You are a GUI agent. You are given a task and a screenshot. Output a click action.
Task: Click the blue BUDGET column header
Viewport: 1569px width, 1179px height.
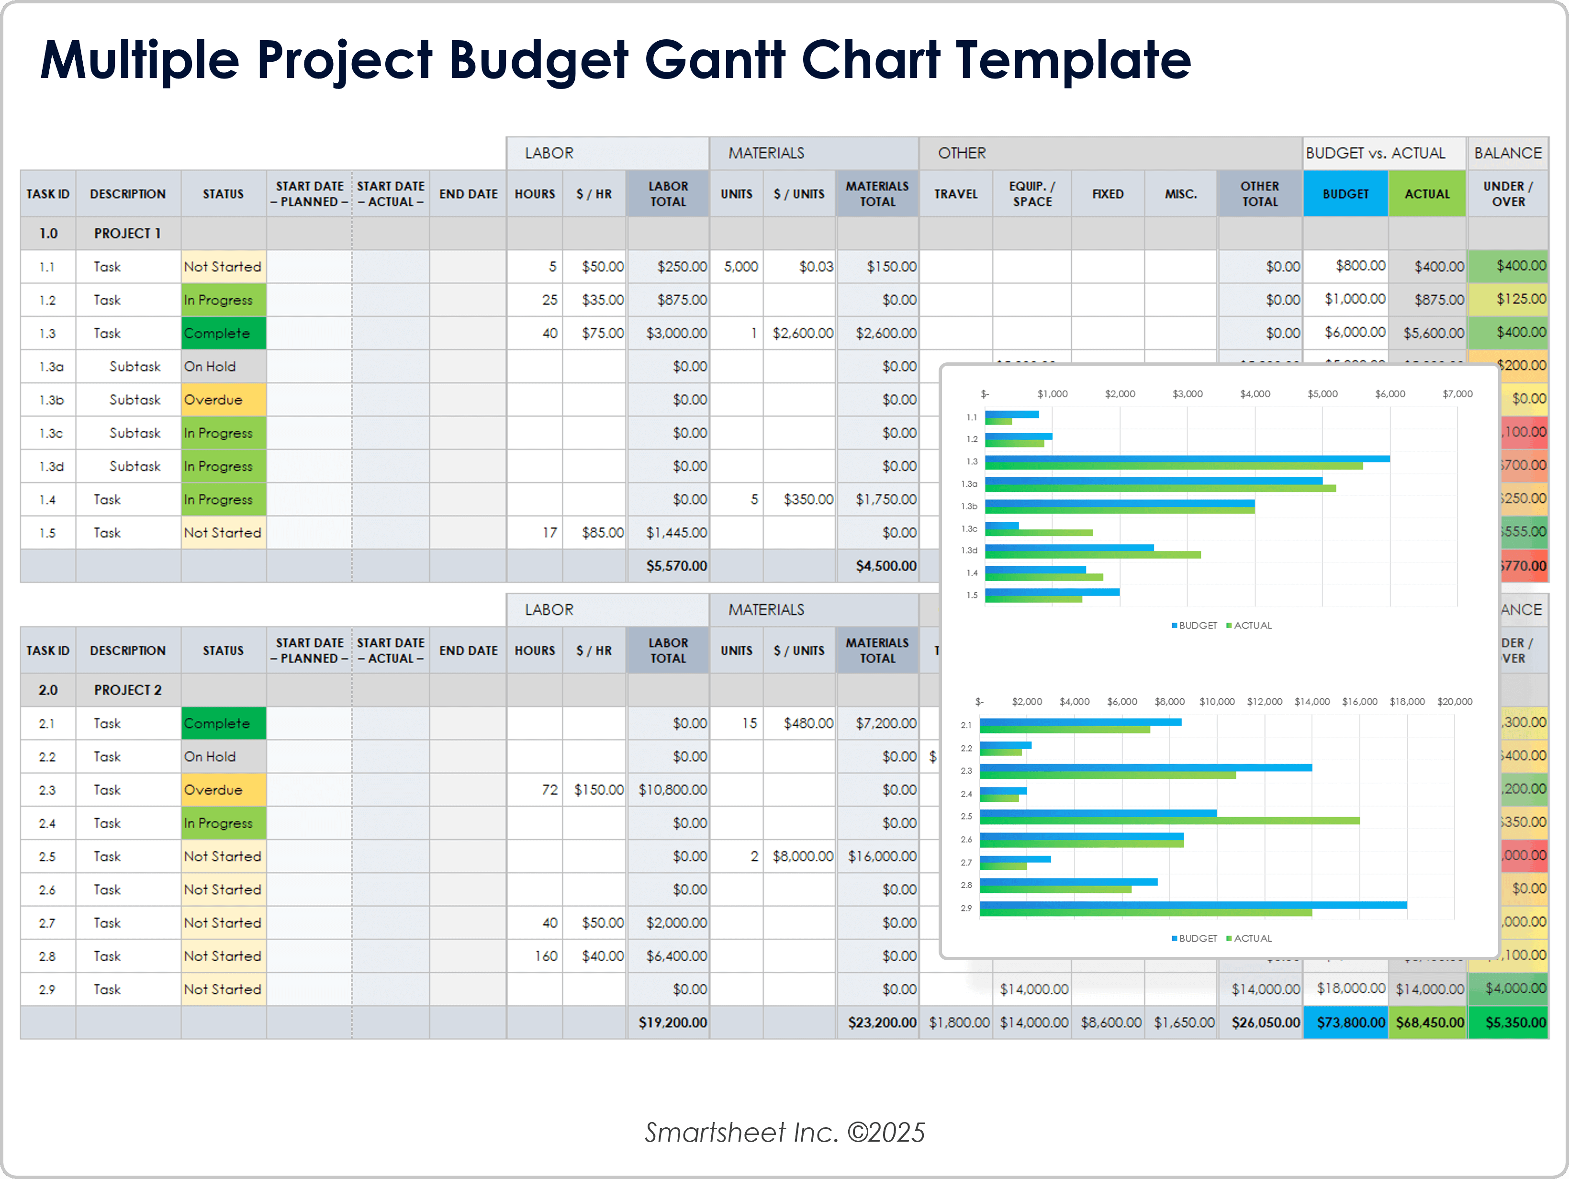1345,194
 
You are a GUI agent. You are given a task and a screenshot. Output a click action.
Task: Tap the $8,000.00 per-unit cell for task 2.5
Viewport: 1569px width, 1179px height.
802,856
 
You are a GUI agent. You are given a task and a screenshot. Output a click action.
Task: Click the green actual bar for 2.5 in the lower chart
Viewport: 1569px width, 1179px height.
1169,821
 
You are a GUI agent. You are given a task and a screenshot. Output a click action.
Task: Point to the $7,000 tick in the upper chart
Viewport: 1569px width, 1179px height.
1457,393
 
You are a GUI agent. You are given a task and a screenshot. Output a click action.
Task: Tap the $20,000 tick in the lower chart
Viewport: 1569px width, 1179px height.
1454,702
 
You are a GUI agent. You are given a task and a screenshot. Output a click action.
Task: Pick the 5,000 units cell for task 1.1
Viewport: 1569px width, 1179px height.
740,267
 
